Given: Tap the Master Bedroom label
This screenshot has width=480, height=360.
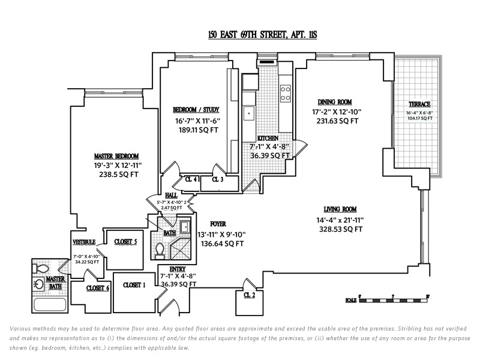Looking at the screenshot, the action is click(116, 155).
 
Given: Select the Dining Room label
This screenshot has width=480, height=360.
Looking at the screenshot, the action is click(335, 102).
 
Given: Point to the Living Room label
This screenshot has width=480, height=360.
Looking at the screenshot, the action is click(340, 209).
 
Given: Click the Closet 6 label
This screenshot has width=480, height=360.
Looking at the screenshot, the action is click(98, 288).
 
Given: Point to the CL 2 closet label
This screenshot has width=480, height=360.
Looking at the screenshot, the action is click(250, 295).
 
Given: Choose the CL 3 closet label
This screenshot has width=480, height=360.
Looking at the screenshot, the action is click(217, 179).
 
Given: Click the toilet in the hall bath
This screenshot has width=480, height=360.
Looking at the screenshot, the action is click(160, 248).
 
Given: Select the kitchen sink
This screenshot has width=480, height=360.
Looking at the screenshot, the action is click(248, 112).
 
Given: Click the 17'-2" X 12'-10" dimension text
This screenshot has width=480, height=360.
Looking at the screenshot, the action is click(336, 112).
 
